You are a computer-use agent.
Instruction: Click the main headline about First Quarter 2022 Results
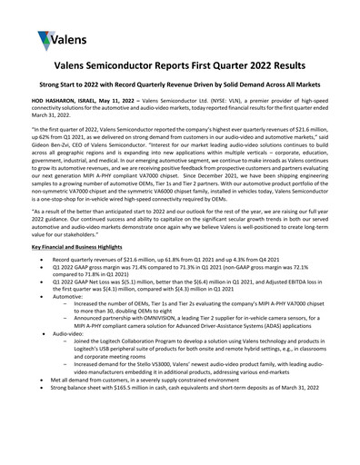tap(180, 92)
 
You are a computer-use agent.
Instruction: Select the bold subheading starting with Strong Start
tap(180, 114)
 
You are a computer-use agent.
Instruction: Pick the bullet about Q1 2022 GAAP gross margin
tap(182, 299)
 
